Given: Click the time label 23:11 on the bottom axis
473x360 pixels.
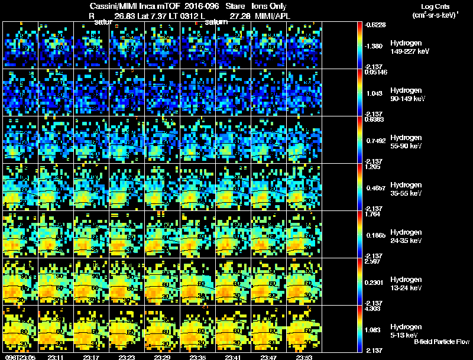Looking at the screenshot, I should tap(56, 356).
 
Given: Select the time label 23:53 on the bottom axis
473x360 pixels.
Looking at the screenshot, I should tap(304, 356).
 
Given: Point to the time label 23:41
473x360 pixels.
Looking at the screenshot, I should tap(233, 356).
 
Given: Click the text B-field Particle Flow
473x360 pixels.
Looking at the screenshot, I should tap(441, 342).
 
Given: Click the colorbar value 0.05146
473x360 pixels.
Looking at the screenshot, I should tap(375, 72).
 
